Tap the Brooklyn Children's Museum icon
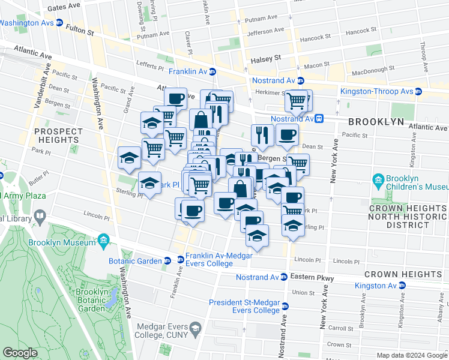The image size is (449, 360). [378, 180]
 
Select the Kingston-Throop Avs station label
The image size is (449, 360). [376, 91]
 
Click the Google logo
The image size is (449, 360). [20, 353]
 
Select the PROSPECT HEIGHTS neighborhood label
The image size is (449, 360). [58, 136]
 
